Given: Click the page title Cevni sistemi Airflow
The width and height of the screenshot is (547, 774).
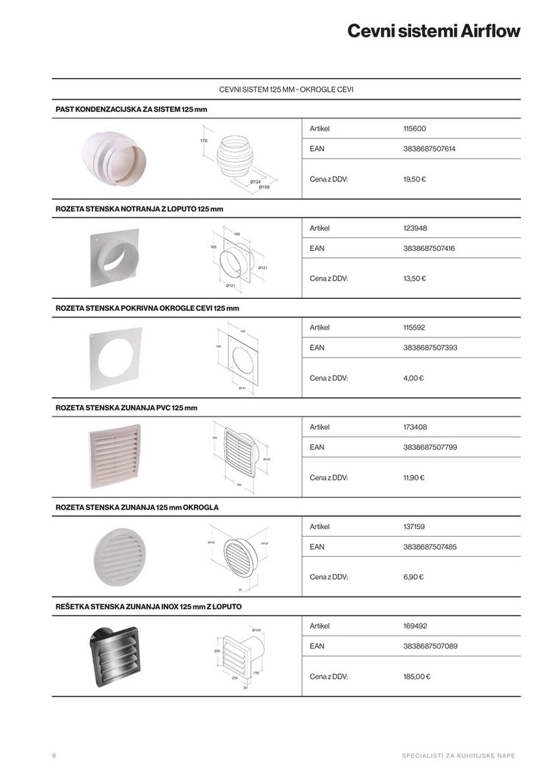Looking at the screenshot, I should (433, 32).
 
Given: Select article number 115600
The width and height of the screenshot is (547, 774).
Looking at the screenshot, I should (415, 129).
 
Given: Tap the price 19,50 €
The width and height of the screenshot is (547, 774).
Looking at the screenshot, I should (415, 179).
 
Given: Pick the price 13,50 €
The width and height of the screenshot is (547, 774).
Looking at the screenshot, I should (415, 279).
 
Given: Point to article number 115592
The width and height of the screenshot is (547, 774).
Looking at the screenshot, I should (415, 328).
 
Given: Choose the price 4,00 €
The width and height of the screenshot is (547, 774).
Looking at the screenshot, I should (413, 378).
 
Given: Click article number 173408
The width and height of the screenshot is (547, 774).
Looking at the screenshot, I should (415, 427).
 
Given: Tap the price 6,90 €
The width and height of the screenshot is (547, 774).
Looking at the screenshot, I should (413, 577).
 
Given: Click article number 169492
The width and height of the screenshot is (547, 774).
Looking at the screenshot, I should (415, 626).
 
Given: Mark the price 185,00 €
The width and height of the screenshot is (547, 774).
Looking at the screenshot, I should (417, 677).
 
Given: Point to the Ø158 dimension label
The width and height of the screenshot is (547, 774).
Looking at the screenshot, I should (264, 188).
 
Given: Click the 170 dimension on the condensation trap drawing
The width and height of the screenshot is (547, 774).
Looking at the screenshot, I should (203, 141).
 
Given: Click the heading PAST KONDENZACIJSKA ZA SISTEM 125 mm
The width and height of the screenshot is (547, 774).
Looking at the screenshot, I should (132, 110).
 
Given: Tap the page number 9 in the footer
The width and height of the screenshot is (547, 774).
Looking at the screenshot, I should (54, 756).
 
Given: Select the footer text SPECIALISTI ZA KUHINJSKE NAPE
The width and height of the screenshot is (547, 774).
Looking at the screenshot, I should (458, 756).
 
